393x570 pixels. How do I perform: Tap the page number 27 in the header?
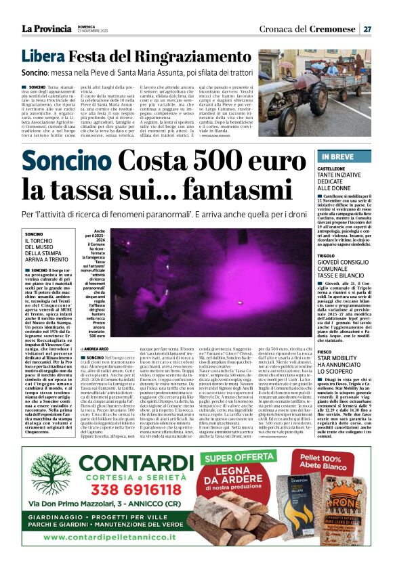click(x=367, y=28)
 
